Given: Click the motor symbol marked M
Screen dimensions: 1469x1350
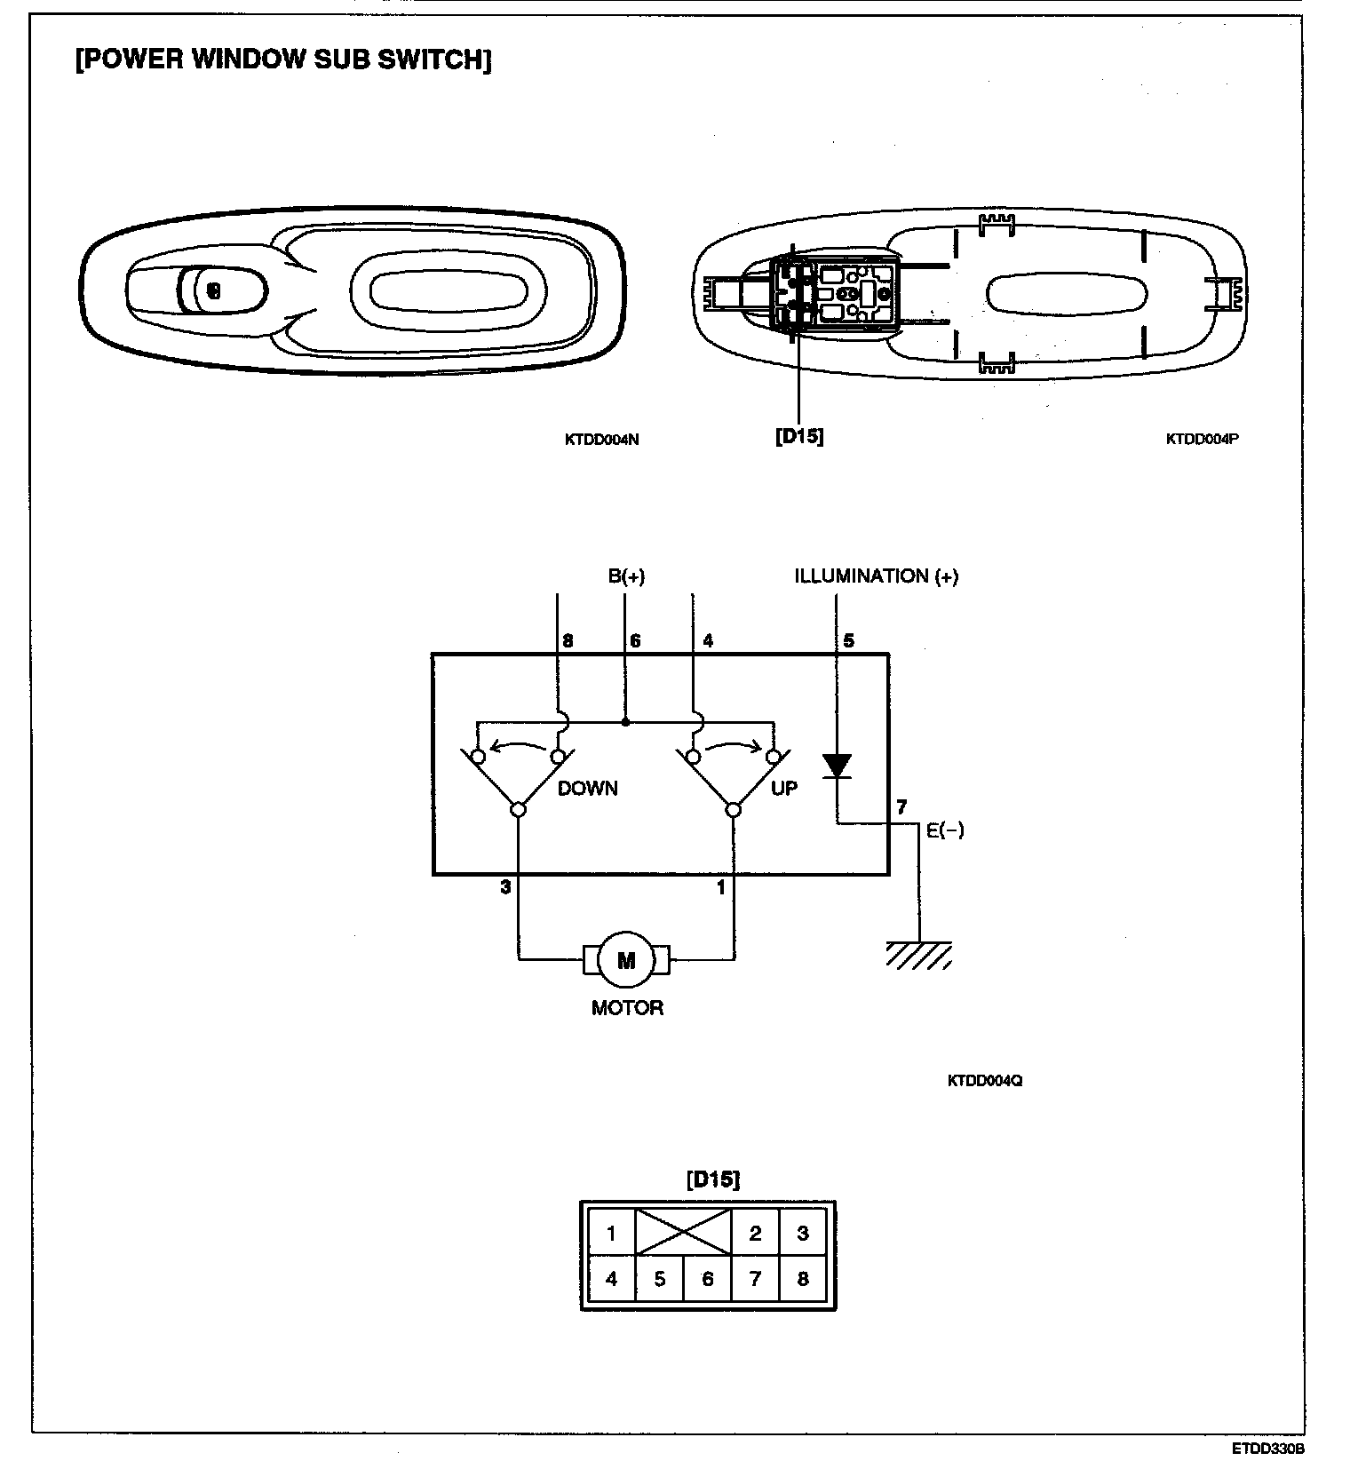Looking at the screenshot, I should [x=626, y=959].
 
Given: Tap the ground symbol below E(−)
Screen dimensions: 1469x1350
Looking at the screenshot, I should [x=919, y=955].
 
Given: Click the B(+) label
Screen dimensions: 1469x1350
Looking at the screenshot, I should [x=626, y=576].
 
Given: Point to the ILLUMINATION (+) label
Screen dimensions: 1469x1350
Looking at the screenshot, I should [x=876, y=576].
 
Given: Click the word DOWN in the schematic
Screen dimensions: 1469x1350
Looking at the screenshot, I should [x=587, y=788].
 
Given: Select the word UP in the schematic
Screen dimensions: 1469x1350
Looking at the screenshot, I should [x=783, y=788].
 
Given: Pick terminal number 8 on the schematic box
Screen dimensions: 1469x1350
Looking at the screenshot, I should [x=568, y=640].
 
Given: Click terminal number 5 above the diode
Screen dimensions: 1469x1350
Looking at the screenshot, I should [x=848, y=640].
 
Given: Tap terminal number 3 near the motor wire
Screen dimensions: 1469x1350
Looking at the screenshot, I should [x=505, y=886].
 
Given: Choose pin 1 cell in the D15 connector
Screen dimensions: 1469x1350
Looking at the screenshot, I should [x=611, y=1233].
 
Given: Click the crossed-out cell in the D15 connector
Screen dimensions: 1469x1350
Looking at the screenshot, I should [x=684, y=1232].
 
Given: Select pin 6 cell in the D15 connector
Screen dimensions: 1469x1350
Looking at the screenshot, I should [x=707, y=1279].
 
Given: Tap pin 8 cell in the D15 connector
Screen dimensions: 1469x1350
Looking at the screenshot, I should [x=803, y=1279].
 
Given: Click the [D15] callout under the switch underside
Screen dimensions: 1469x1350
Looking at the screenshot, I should [x=798, y=436].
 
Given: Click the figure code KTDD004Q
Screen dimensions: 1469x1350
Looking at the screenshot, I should [x=984, y=1081].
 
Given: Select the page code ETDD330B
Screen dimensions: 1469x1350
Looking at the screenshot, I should [x=1267, y=1449].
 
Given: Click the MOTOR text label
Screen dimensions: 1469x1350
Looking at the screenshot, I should [x=627, y=1007].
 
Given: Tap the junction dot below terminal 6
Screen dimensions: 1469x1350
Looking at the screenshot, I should [x=626, y=722].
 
